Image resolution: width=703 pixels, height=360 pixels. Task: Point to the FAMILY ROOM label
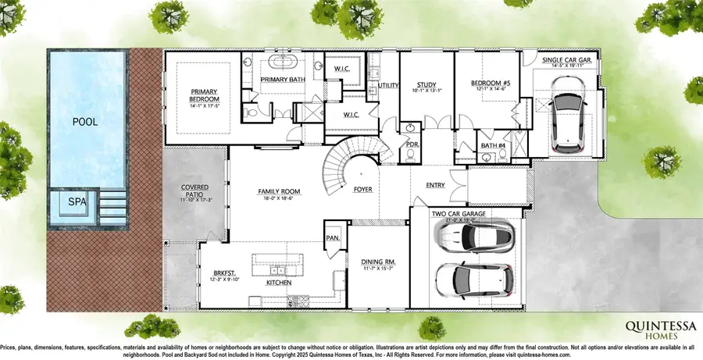280,191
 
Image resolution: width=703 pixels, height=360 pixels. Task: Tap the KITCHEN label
279,282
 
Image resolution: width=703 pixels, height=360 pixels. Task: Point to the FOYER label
362,190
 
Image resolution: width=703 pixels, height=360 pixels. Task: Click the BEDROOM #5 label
490,84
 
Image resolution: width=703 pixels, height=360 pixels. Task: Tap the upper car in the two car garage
482,235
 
